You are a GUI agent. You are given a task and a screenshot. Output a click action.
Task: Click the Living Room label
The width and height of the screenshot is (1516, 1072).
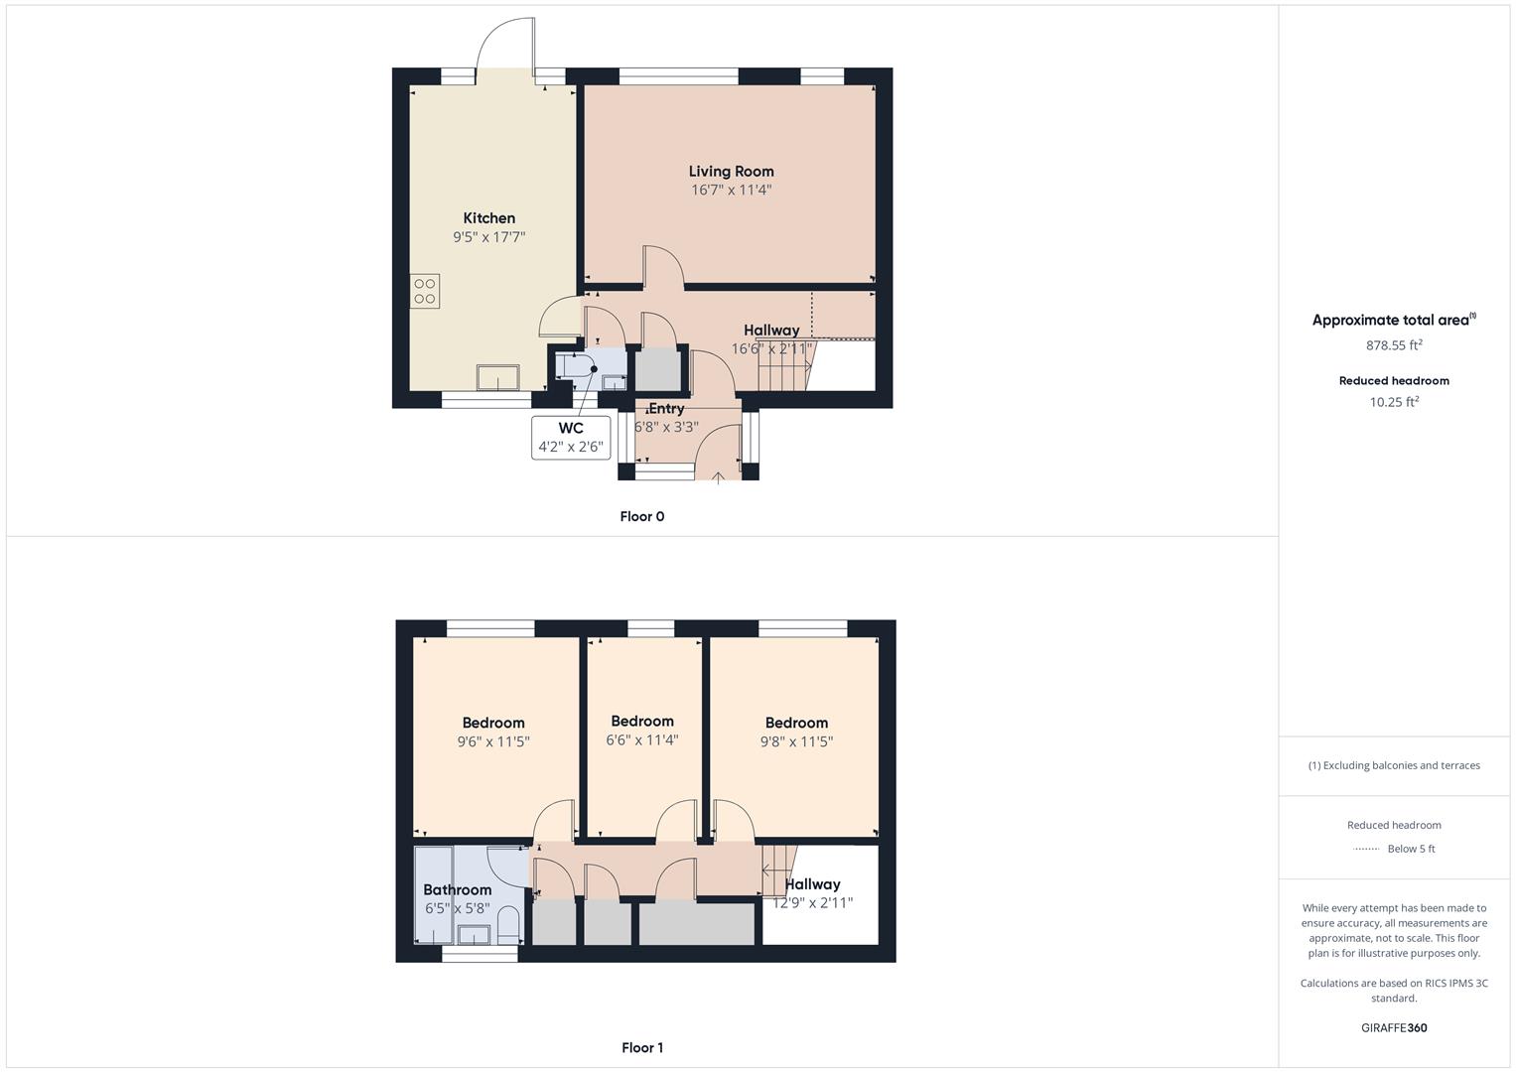(x=731, y=171)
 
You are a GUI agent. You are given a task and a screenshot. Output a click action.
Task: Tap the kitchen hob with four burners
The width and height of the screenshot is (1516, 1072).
(x=425, y=291)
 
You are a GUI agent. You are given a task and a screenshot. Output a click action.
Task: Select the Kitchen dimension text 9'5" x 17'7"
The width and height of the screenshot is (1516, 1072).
(x=488, y=237)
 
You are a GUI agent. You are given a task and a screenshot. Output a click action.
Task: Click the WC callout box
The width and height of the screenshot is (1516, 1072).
(x=571, y=437)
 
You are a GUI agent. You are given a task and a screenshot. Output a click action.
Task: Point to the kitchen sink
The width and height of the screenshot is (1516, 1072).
(x=497, y=378)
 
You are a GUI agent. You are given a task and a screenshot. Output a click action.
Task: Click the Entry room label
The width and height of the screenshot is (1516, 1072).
(x=665, y=408)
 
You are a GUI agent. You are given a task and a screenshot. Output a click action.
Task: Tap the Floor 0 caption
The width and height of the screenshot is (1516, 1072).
(x=641, y=516)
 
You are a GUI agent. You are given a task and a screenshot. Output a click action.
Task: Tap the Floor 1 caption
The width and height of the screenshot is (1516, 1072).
(x=641, y=1047)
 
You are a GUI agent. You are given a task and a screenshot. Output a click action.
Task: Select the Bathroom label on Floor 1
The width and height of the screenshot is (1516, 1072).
(x=457, y=889)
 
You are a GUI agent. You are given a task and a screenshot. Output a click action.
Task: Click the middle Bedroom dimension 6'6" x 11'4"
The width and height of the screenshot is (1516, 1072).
(x=641, y=739)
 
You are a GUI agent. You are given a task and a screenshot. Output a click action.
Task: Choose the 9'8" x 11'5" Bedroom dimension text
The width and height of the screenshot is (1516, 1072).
(x=796, y=741)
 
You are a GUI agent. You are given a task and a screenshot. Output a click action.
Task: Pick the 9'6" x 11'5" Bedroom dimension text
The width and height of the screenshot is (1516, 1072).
(x=493, y=741)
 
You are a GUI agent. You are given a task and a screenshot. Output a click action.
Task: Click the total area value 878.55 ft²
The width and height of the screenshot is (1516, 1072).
(x=1394, y=345)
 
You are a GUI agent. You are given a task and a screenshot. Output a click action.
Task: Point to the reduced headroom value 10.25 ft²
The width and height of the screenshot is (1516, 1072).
(x=1394, y=402)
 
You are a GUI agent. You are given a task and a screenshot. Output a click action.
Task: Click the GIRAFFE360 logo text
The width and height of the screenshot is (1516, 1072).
(x=1394, y=1027)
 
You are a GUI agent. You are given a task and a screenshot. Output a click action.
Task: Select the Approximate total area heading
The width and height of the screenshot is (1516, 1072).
(x=1393, y=320)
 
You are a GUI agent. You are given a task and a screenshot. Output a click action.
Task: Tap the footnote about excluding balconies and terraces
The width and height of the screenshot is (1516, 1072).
(x=1394, y=765)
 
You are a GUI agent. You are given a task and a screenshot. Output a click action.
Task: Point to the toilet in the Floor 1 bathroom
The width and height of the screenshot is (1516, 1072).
(x=508, y=924)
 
